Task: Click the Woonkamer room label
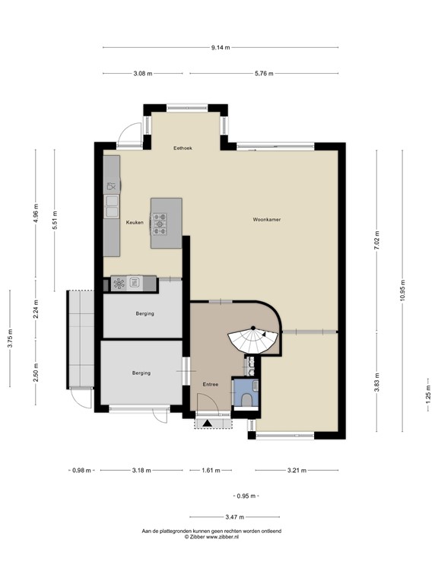(267, 220)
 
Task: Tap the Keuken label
(135, 223)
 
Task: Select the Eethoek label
(182, 148)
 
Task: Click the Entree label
(211, 384)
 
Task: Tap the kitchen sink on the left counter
(111, 202)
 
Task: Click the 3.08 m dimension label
(142, 74)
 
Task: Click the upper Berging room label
(144, 313)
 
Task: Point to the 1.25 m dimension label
(427, 395)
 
